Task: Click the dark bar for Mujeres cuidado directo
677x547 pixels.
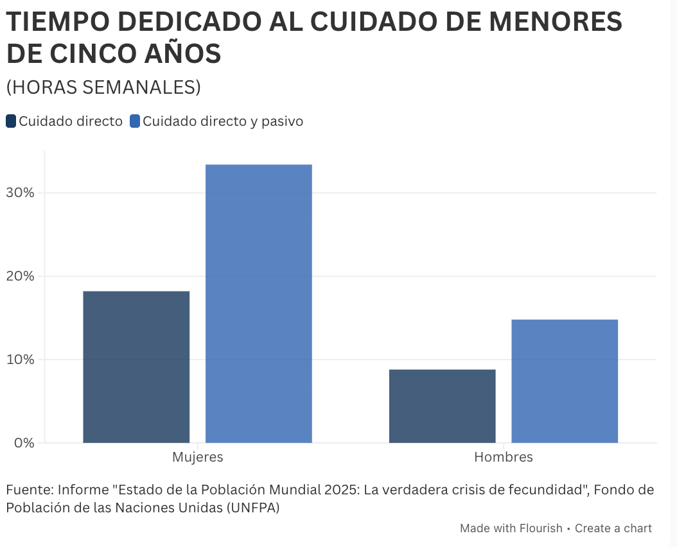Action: (136, 367)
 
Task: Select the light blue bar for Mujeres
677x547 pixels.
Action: (259, 304)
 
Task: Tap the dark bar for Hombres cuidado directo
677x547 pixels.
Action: (442, 406)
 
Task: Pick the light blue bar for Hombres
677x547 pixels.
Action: (565, 381)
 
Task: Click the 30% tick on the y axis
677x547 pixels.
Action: (20, 193)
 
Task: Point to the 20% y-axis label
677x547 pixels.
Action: (20, 276)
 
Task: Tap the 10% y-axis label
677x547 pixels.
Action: (20, 359)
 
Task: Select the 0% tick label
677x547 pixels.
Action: (24, 442)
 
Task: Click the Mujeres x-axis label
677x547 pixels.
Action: (198, 456)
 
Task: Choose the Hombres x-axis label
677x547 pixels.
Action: (504, 456)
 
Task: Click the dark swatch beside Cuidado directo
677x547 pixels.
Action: (11, 121)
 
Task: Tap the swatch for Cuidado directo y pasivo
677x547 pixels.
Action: (135, 121)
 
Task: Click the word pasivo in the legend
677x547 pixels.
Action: (282, 121)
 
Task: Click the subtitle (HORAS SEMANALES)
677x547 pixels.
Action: (103, 87)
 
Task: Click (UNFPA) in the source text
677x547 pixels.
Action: (253, 507)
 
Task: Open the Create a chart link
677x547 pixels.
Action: (613, 528)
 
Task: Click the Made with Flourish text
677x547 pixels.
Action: (511, 528)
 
